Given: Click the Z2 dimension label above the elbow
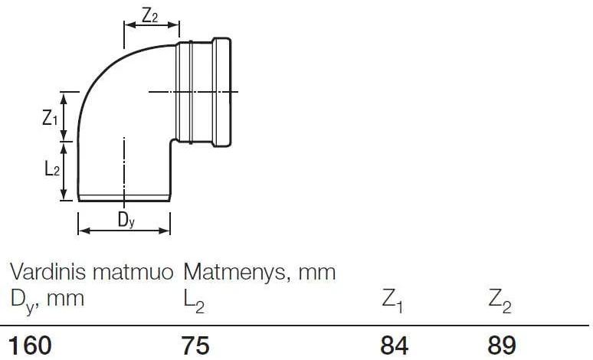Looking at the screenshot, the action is [149, 15].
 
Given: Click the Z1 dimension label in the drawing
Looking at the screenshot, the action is [50, 118].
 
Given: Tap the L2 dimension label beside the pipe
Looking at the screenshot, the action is [52, 169].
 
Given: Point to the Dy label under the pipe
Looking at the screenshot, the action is [126, 220].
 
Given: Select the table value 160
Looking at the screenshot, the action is [30, 345].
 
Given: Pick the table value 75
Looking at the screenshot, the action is [195, 345].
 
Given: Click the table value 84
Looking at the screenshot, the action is [395, 345].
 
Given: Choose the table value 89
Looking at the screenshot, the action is [502, 345].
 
